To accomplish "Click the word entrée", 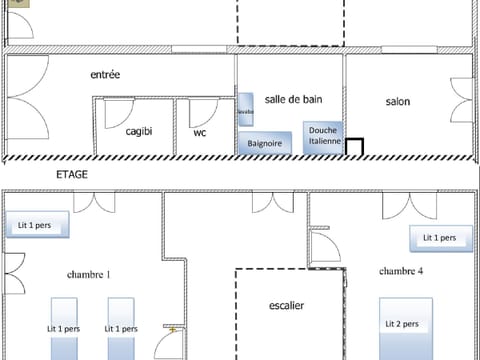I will tap(105, 74).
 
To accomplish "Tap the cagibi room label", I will tap(139, 131).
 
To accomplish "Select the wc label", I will tap(200, 132).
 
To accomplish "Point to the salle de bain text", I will tap(294, 99).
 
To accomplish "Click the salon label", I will tap(400, 102).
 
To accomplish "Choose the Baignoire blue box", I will tap(265, 144).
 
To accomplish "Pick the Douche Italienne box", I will tap(323, 137).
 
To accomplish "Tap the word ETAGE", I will tap(73, 174).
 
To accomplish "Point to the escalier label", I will tap(287, 306).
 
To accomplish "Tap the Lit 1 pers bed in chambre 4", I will tap(439, 238).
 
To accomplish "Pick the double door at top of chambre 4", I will tap(409, 204).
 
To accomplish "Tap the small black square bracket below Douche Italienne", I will tap(354, 147).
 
